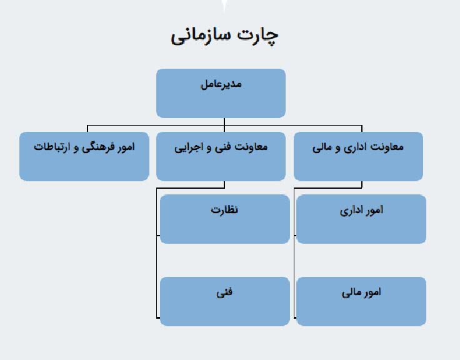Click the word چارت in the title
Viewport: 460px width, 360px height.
click(257, 36)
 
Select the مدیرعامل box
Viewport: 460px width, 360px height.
click(221, 93)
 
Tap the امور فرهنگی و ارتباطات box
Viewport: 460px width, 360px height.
click(84, 156)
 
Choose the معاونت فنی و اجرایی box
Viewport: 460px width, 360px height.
click(221, 156)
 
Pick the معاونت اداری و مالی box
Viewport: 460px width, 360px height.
click(358, 156)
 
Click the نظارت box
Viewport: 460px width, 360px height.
click(225, 219)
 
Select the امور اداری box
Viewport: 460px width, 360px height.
click(361, 219)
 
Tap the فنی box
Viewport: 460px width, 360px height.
click(225, 301)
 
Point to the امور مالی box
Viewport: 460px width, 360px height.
click(361, 301)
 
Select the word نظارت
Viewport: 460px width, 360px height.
click(224, 209)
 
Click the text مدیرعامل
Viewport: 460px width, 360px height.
click(221, 84)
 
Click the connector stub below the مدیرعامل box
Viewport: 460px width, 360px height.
click(224, 121)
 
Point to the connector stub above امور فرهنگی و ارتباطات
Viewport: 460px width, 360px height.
click(87, 129)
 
